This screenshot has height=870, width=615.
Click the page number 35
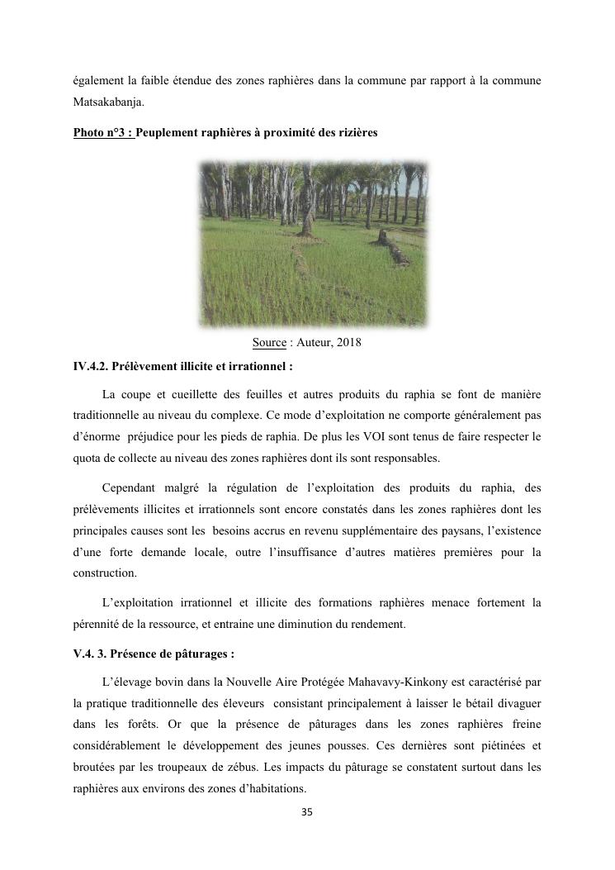307,812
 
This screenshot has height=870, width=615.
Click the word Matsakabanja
106,103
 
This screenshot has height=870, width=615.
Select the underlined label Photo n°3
103,132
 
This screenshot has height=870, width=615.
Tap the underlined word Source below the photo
269,342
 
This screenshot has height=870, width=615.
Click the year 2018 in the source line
348,342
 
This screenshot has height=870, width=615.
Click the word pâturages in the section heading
201,654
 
